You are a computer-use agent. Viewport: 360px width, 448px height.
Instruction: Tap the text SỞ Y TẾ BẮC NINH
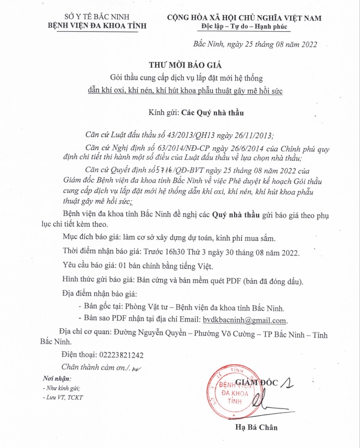coord(97,17)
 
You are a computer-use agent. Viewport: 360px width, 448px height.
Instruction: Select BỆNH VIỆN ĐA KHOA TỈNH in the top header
coord(97,25)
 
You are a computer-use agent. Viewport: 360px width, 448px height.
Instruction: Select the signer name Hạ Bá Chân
coord(256,428)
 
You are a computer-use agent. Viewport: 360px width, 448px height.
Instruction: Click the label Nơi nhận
coord(57,378)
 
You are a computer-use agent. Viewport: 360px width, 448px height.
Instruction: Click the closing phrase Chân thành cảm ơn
coord(93,367)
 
